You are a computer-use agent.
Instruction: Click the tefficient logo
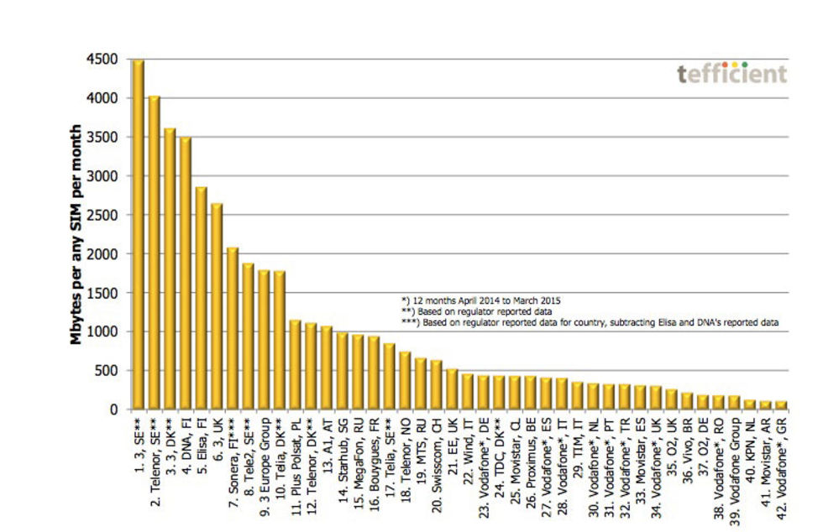[731, 74]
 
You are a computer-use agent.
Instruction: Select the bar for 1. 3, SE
[139, 235]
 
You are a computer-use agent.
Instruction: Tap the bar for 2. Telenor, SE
[155, 253]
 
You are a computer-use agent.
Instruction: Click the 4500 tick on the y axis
[107, 60]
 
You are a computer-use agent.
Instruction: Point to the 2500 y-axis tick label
[107, 215]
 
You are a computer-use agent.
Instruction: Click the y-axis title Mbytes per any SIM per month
[76, 235]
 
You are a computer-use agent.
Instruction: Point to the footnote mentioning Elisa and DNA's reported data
[591, 321]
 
